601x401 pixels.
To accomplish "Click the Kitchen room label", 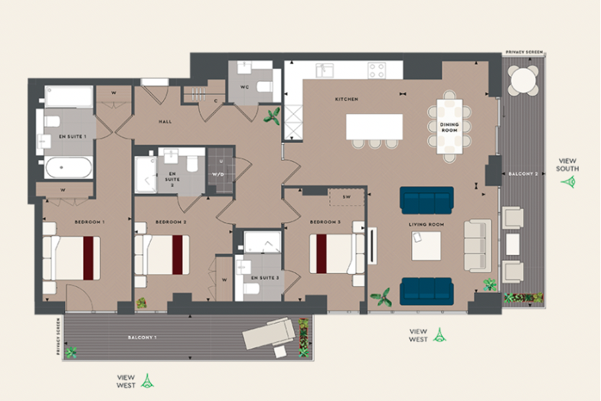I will click(347, 99).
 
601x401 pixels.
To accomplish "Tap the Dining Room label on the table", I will click(449, 127).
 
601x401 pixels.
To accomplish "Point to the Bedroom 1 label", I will click(89, 222).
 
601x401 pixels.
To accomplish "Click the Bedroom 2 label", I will click(171, 222).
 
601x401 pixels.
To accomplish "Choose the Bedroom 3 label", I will click(325, 222).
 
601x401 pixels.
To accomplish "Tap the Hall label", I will click(165, 121).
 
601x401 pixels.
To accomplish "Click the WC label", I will click(245, 86).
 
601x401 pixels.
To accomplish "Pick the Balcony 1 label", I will click(142, 337).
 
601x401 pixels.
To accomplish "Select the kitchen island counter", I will click(374, 126).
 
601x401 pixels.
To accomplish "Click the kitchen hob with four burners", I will click(377, 70).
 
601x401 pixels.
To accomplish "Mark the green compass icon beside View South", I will click(568, 182).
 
